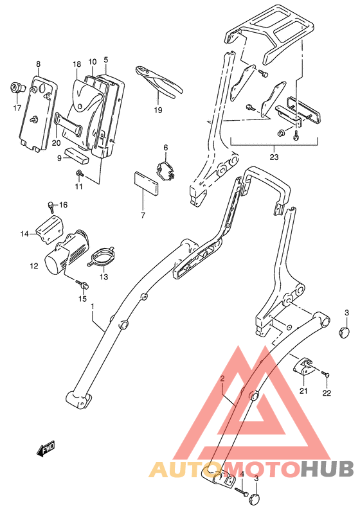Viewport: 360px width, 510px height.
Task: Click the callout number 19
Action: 158,110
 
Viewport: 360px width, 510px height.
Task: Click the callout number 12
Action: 34,265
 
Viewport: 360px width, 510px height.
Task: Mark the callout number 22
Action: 326,393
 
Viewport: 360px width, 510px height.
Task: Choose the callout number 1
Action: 92,307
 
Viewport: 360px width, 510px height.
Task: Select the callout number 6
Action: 165,148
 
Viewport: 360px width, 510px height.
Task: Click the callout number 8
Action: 38,64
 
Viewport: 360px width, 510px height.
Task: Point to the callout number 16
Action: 63,205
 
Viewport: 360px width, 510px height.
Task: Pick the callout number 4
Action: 243,475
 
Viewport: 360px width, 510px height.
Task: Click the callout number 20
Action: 56,143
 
